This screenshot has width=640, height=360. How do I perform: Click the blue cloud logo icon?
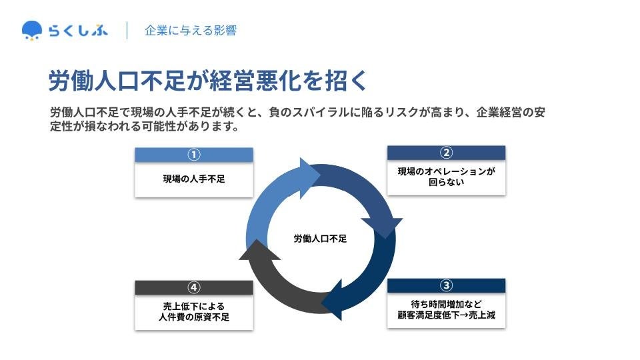click(31, 30)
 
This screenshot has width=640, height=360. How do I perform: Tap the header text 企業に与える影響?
click(190, 31)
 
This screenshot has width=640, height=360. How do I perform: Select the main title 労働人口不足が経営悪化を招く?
click(207, 81)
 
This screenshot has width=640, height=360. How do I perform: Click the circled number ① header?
click(194, 155)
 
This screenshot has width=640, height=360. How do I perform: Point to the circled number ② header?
click(446, 153)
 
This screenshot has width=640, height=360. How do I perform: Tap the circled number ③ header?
click(446, 285)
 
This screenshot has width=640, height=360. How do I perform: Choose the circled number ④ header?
click(194, 287)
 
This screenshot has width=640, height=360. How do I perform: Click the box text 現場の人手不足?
click(194, 179)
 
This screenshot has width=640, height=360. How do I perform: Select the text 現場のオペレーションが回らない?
click(446, 176)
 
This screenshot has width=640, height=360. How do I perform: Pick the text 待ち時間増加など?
click(446, 303)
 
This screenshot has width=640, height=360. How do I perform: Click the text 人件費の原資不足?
click(194, 317)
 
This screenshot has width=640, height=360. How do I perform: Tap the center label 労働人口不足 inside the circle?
click(320, 238)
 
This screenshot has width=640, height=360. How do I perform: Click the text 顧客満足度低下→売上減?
click(446, 315)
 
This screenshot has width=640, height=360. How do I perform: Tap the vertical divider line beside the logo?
click(127, 31)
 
